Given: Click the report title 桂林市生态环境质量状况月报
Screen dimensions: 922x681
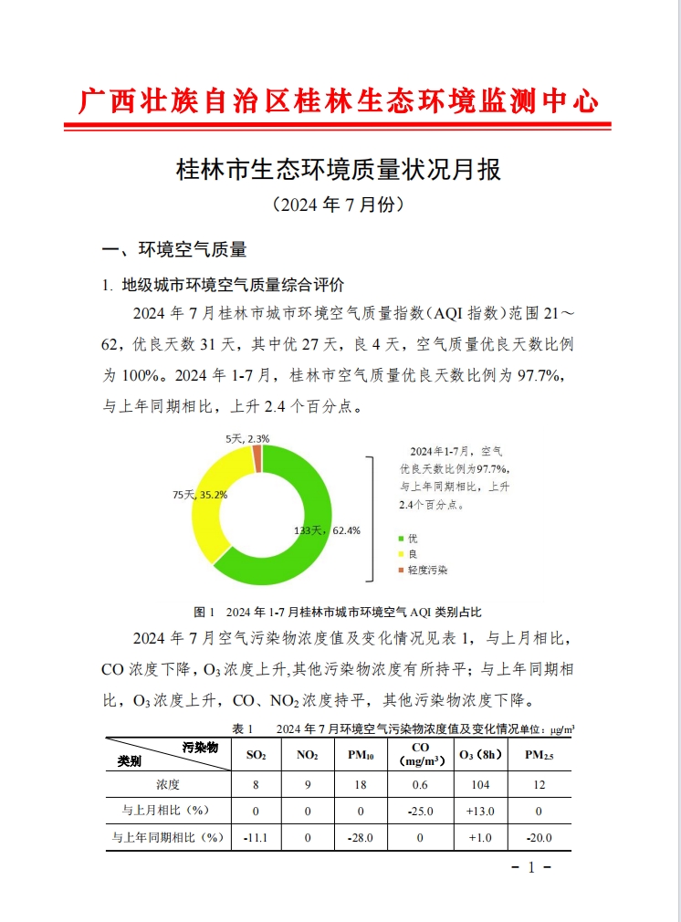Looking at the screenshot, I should (340, 169).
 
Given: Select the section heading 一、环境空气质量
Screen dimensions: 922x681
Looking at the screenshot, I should (174, 249).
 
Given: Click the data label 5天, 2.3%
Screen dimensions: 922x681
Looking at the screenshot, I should (246, 439).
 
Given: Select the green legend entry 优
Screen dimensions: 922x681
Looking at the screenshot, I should (412, 539).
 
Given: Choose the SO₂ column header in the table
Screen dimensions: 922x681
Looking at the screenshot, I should (257, 755).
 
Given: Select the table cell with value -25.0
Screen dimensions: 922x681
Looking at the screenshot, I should (421, 810).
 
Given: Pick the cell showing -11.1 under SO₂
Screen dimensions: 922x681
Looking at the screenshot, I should (257, 836).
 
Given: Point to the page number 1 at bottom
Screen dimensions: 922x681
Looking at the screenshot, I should (530, 867).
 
